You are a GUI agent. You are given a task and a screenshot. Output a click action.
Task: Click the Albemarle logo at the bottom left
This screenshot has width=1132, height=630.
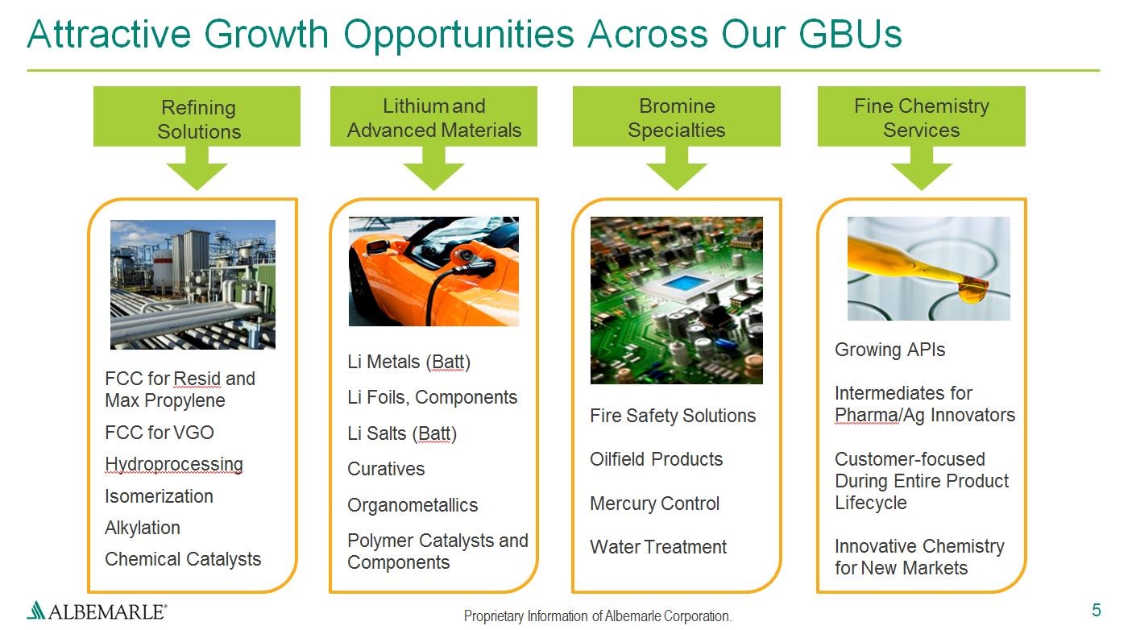point(97,611)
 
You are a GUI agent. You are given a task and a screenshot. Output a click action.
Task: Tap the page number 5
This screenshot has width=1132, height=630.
point(1096,610)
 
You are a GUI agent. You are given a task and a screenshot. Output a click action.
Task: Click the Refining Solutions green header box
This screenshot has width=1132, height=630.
point(197,116)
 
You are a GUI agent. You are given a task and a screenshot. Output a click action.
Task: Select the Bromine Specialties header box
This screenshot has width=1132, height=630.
point(676,116)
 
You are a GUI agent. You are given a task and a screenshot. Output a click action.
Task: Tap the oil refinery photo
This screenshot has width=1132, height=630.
point(193,284)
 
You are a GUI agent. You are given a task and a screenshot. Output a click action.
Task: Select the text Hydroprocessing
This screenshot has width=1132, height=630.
point(174,464)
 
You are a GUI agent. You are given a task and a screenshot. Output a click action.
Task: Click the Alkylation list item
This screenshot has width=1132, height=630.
point(143,528)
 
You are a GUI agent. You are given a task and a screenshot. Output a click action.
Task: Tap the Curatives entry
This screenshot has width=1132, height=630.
point(386,469)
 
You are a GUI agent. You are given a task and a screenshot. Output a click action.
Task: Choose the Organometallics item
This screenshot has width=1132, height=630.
point(413,504)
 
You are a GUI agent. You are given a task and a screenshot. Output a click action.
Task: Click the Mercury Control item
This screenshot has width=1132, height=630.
point(654,504)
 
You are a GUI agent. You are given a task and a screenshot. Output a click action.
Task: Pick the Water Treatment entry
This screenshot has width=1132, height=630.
point(658,547)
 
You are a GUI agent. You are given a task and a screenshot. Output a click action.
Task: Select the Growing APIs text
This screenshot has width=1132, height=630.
point(889,350)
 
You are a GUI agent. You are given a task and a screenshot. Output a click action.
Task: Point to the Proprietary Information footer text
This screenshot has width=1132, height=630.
point(598,616)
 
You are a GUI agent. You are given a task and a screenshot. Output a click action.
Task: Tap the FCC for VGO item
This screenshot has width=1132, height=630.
point(160,433)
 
